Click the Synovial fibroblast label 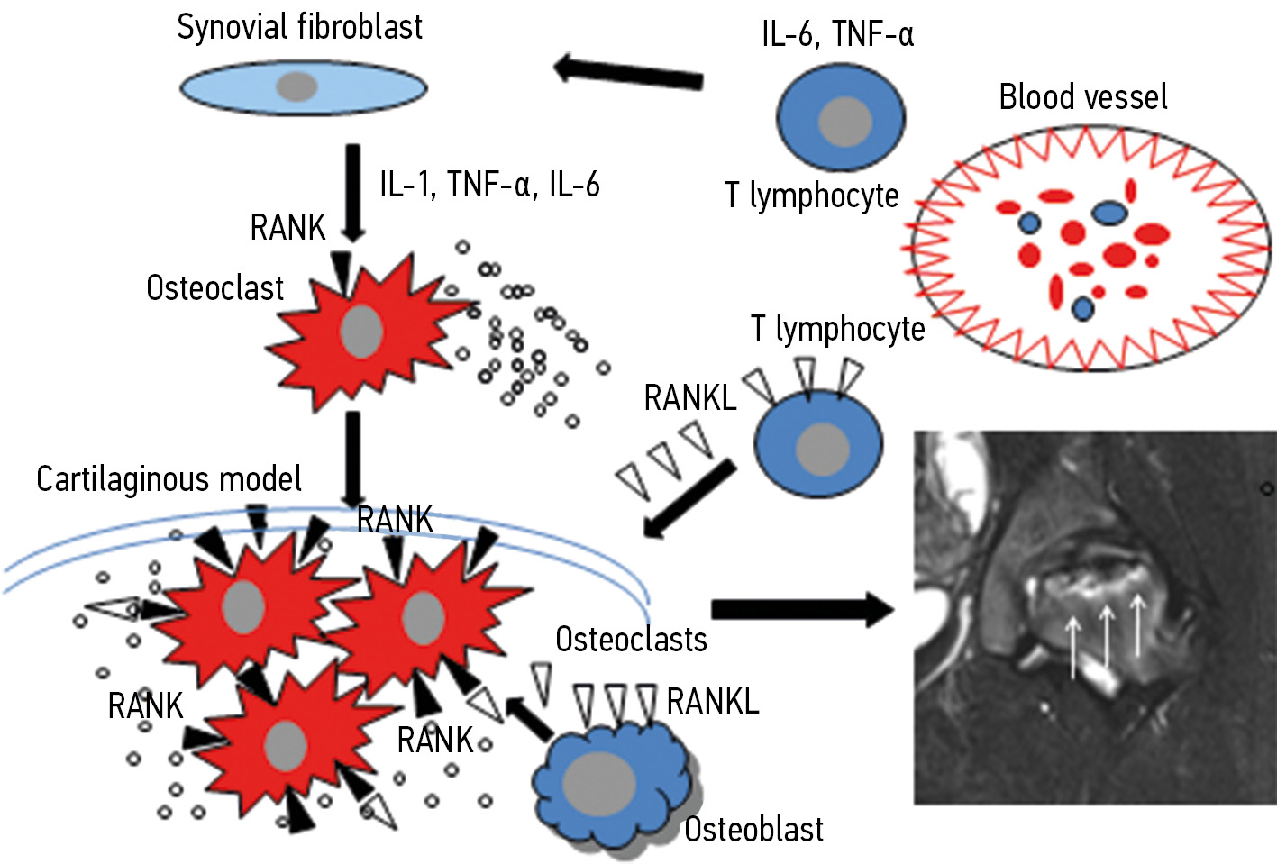(x=299, y=27)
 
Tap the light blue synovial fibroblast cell (x=303, y=87)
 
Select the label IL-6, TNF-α (x=837, y=34)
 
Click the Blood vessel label (x=1082, y=97)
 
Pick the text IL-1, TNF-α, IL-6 (x=489, y=185)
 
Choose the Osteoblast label (x=753, y=830)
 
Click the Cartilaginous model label (x=169, y=479)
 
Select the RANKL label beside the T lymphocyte (x=689, y=398)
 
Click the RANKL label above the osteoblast (x=713, y=701)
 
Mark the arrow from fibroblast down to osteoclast (x=353, y=193)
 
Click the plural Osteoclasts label (x=631, y=640)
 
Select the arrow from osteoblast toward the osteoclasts (x=530, y=720)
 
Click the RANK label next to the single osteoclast (x=287, y=228)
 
